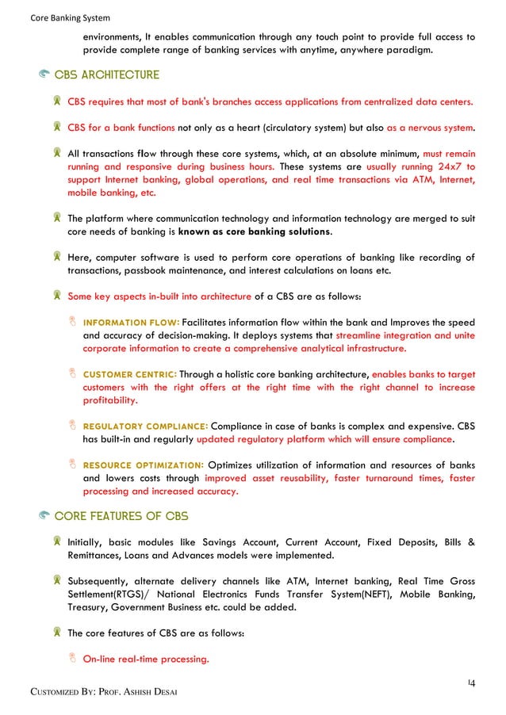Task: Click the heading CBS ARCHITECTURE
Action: point(107,75)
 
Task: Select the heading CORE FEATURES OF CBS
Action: point(121,516)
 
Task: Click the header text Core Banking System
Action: point(59,17)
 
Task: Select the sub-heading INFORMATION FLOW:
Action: point(132,323)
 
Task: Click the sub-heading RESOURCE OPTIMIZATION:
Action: point(144,465)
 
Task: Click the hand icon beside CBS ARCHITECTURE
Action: point(44,75)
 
